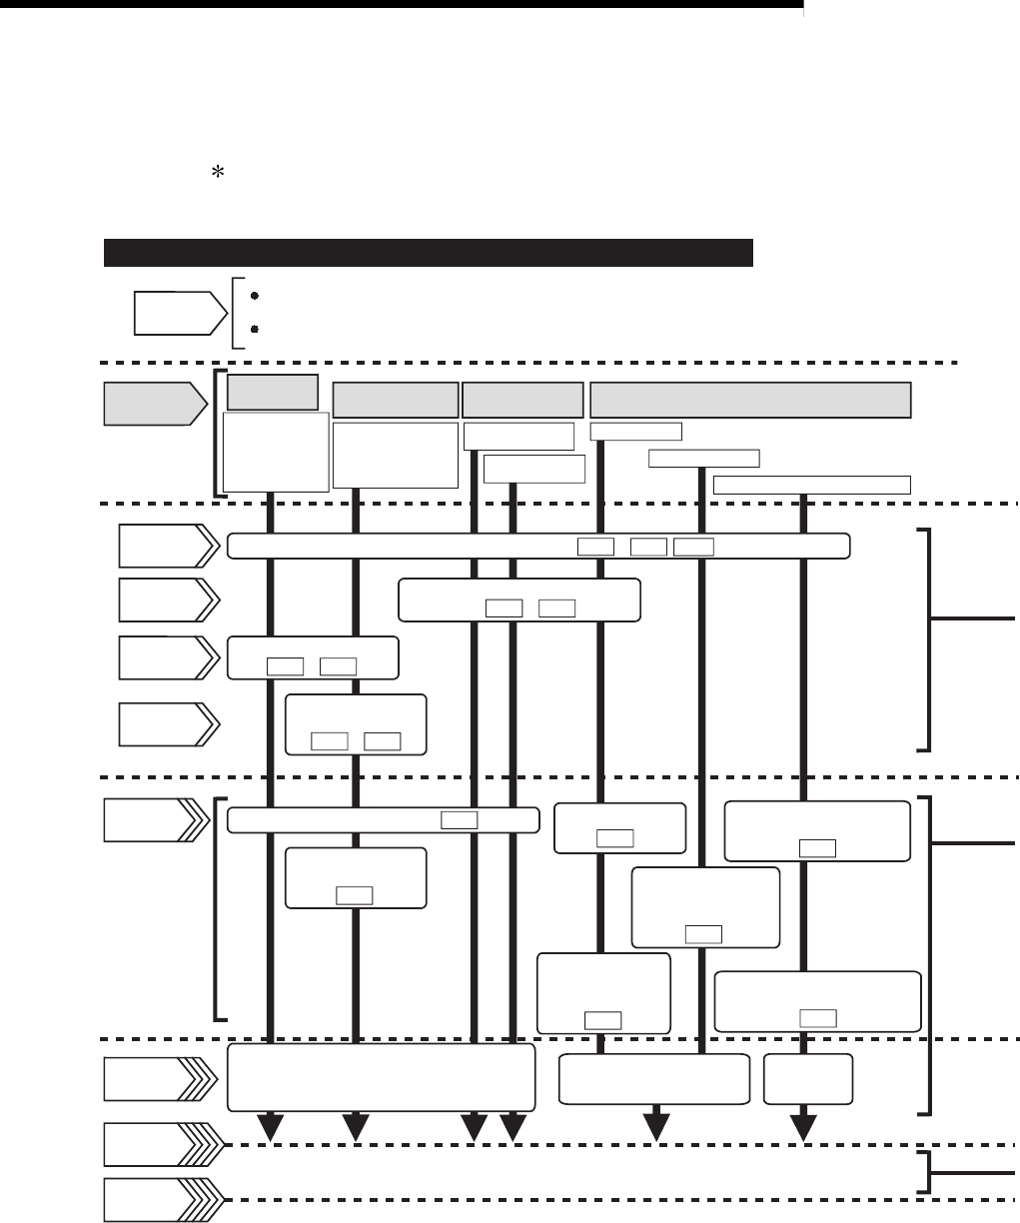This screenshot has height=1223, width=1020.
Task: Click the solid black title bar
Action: pyautogui.click(x=428, y=253)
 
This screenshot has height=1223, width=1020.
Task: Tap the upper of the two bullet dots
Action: pyautogui.click(x=256, y=297)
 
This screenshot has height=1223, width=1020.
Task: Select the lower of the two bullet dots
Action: pyautogui.click(x=256, y=328)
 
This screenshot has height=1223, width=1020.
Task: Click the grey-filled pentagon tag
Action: pyautogui.click(x=149, y=405)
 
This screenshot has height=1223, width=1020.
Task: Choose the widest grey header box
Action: pyautogui.click(x=750, y=399)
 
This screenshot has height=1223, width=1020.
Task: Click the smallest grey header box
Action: pyautogui.click(x=273, y=392)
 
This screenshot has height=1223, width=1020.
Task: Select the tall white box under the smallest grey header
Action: pyautogui.click(x=276, y=453)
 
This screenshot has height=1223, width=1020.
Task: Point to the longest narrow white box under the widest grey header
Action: pyautogui.click(x=812, y=485)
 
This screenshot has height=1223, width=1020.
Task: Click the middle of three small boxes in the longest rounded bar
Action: pyautogui.click(x=649, y=547)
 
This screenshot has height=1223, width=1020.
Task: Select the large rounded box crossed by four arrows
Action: pyautogui.click(x=381, y=1078)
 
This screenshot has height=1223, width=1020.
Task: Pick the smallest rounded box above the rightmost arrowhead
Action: pyautogui.click(x=808, y=1078)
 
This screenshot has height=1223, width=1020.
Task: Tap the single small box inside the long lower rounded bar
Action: pyautogui.click(x=459, y=820)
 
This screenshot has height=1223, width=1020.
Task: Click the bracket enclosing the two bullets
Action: pyautogui.click(x=237, y=313)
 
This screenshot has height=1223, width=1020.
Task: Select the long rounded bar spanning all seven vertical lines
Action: pyautogui.click(x=539, y=546)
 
